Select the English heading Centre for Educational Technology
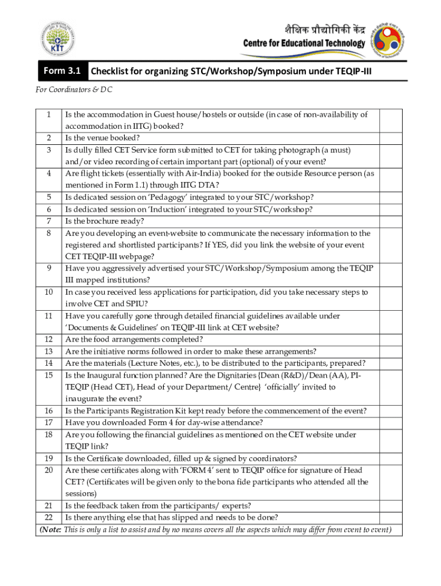(x=304, y=43)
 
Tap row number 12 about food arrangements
(x=49, y=339)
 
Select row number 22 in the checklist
(x=49, y=517)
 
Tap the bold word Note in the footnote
(x=51, y=529)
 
